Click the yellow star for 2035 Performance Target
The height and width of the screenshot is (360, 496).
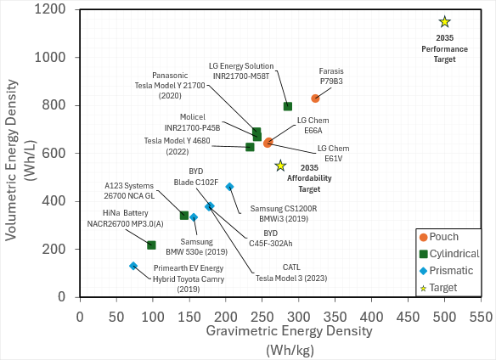[x=444, y=22]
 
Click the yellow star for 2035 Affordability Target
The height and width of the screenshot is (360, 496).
[x=280, y=166]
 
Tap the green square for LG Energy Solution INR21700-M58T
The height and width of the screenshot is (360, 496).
[x=288, y=106]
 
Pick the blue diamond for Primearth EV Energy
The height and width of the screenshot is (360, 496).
[x=133, y=266]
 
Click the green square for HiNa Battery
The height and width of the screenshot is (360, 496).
[x=151, y=245]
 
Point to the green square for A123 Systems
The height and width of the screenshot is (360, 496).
[x=184, y=215]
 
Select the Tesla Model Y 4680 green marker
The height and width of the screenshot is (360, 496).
[x=250, y=147]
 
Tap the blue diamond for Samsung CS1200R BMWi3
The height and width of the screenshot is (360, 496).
[x=229, y=187]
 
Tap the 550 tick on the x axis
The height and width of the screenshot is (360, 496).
[x=480, y=315]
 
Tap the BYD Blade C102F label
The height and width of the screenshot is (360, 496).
[x=184, y=175]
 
